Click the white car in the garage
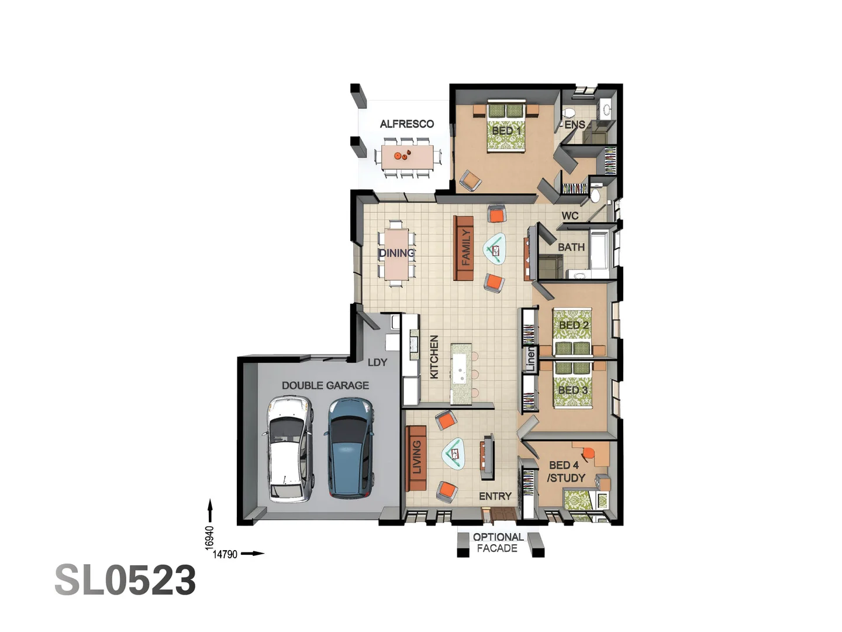click(x=289, y=449)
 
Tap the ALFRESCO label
click(x=406, y=124)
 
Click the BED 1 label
click(x=506, y=130)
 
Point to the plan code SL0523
click(x=125, y=581)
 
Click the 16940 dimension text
click(x=209, y=537)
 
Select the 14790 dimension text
click(x=225, y=554)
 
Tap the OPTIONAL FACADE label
click(x=498, y=542)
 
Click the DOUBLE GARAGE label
click(x=325, y=385)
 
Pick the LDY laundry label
click(x=377, y=362)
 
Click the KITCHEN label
click(x=434, y=357)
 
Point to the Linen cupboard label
click(x=530, y=358)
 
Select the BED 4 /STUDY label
click(x=565, y=472)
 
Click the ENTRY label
click(x=495, y=496)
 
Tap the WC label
click(x=570, y=215)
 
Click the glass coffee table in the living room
click(x=454, y=453)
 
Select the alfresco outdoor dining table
click(x=407, y=157)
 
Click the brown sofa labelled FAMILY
click(x=464, y=248)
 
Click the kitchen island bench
click(x=460, y=373)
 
